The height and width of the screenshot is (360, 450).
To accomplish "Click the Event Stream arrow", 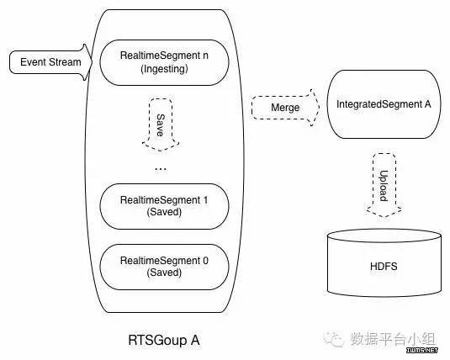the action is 50,62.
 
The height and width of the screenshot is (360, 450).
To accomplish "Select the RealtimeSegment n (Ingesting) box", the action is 165,62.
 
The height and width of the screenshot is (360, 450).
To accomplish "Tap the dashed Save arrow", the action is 161,124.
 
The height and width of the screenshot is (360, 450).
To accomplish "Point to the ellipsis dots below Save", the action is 161,169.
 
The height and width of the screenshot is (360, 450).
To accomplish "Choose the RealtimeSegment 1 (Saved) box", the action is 165,206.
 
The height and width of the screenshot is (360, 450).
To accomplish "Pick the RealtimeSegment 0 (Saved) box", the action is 165,267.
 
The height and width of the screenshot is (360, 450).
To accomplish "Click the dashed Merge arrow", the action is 285,108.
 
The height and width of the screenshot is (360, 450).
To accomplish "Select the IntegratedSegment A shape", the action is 384,104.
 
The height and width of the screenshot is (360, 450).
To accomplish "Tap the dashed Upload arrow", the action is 384,185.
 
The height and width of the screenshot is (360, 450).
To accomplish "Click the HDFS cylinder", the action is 384,262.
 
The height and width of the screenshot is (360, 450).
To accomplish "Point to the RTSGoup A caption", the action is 164,340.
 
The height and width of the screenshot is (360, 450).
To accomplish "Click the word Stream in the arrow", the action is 65,62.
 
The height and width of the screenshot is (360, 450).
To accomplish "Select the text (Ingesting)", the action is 165,69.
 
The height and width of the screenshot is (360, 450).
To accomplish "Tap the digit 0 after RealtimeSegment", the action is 205,261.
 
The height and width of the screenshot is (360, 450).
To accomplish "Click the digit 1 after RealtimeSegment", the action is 205,200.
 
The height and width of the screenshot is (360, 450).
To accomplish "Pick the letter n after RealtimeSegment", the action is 205,56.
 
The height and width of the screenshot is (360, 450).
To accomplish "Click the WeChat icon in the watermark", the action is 333,339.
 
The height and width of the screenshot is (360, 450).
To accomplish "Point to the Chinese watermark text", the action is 393,339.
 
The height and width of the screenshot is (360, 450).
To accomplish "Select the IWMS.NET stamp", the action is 422,350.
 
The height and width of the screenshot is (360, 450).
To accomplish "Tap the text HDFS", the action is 384,267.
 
